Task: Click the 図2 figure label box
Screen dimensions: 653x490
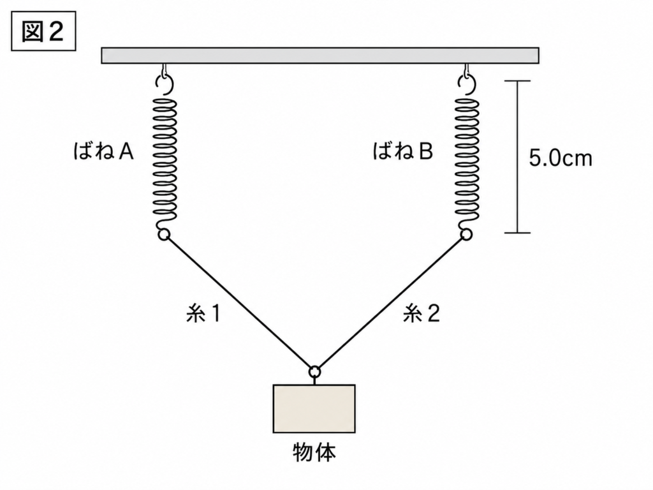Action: click(43, 31)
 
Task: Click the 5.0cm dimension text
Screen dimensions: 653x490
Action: click(560, 158)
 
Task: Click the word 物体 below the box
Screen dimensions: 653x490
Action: click(314, 452)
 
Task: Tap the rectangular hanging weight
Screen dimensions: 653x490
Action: click(314, 409)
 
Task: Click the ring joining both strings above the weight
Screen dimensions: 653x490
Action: click(315, 371)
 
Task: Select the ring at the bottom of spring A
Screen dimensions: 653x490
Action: click(164, 235)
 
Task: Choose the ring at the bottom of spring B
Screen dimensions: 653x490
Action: click(466, 235)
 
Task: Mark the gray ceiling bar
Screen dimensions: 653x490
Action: click(320, 56)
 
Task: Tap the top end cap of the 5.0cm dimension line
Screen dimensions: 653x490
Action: click(518, 81)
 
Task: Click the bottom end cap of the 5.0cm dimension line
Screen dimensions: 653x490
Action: click(518, 232)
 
